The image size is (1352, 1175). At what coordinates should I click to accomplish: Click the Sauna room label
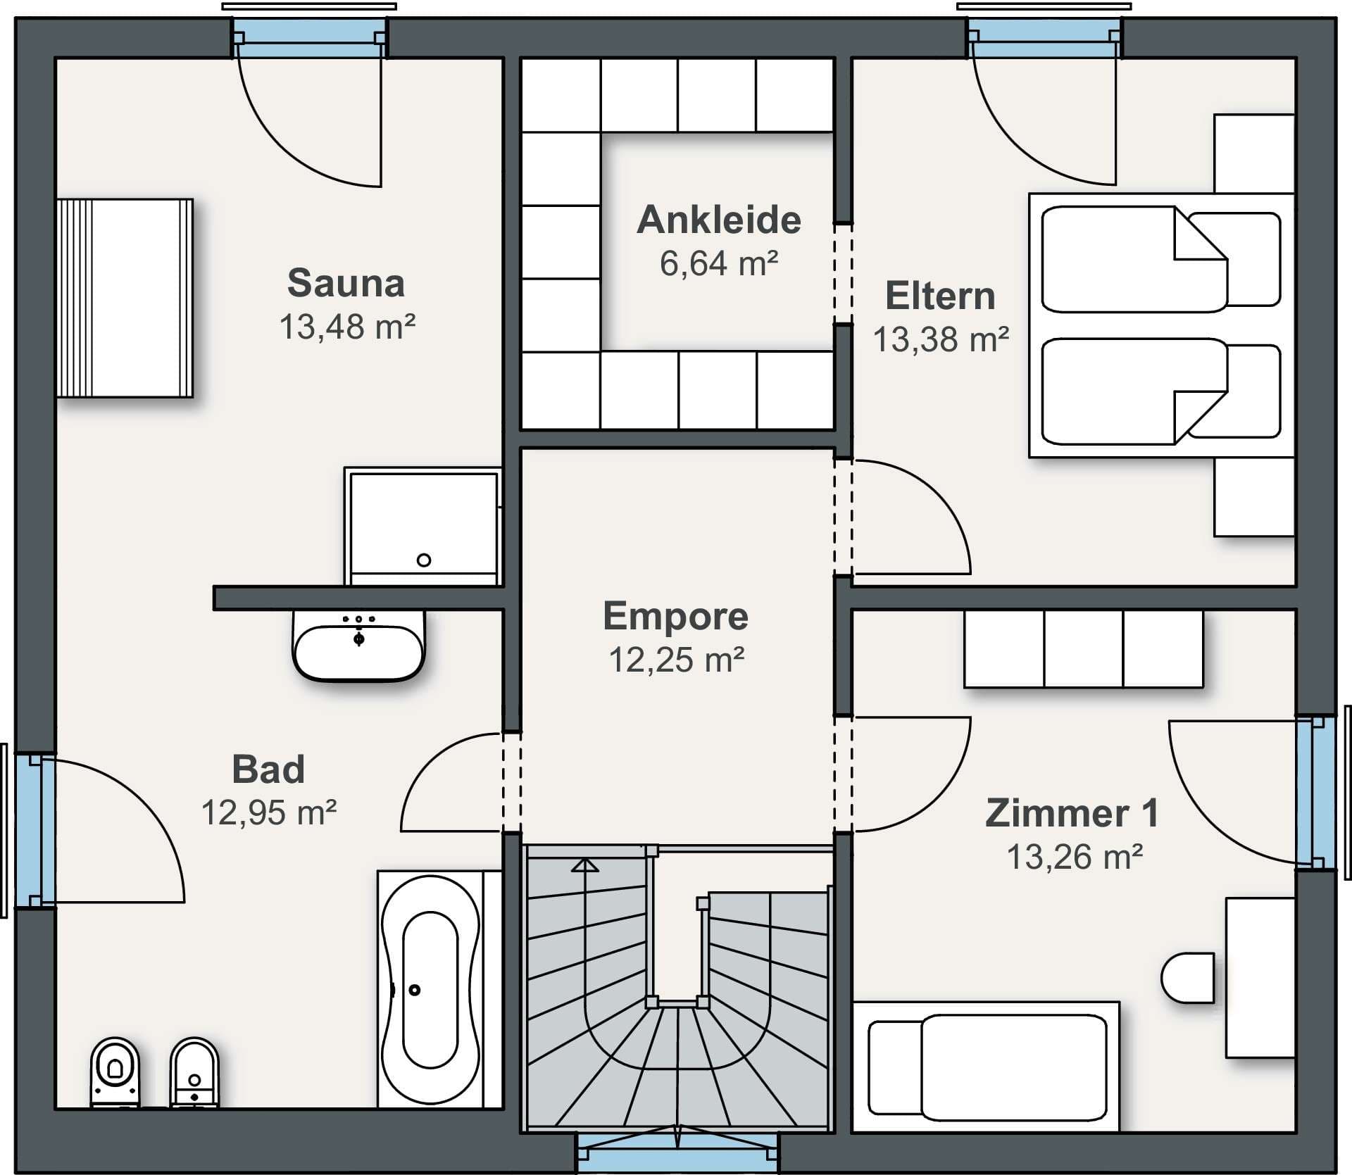pyautogui.click(x=346, y=283)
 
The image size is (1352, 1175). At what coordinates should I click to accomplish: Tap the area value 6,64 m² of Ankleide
pyautogui.click(x=719, y=263)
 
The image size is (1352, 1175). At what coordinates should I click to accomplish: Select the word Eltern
pyautogui.click(x=940, y=296)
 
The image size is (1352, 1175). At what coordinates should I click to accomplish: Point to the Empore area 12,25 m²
pyautogui.click(x=677, y=660)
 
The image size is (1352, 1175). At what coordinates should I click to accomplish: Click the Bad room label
pyautogui.click(x=268, y=769)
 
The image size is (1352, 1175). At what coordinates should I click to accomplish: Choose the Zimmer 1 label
pyautogui.click(x=1072, y=813)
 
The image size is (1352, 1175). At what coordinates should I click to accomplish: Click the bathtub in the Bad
pyautogui.click(x=430, y=990)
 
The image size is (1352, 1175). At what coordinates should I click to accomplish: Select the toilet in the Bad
pyautogui.click(x=115, y=1072)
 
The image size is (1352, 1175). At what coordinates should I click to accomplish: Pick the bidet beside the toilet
pyautogui.click(x=194, y=1072)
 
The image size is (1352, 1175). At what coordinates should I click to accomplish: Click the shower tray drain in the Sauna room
pyautogui.click(x=424, y=560)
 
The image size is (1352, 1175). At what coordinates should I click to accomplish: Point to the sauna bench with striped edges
pyautogui.click(x=125, y=298)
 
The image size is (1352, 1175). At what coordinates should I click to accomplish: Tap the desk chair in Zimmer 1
pyautogui.click(x=1188, y=978)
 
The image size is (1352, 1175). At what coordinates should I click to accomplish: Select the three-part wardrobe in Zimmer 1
pyautogui.click(x=1084, y=648)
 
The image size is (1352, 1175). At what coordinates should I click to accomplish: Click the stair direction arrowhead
pyautogui.click(x=585, y=865)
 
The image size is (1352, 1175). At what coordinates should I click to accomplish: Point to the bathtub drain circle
pyautogui.click(x=415, y=991)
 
